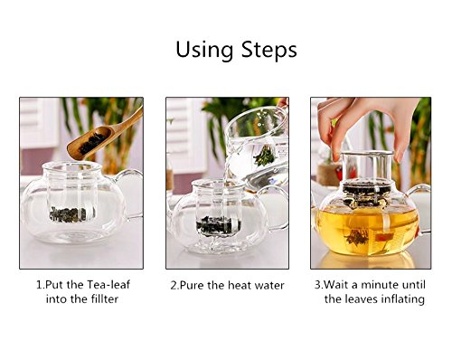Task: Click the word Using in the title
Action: tap(204, 51)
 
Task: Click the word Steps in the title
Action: tap(269, 50)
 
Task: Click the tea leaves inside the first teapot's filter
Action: tap(69, 214)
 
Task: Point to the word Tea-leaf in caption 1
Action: tap(108, 285)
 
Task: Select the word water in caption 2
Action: tap(269, 286)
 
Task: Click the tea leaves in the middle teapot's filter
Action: tap(219, 225)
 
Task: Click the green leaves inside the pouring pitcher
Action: tap(264, 156)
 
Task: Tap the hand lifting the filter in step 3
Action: tap(368, 125)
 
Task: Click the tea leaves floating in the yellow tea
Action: tap(357, 237)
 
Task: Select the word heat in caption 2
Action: tap(240, 285)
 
